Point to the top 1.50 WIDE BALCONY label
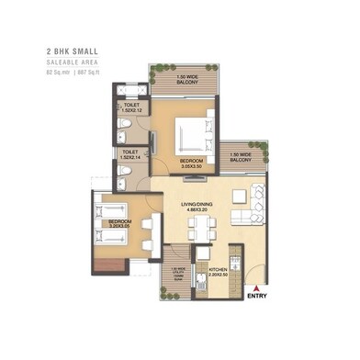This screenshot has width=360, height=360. (187, 78)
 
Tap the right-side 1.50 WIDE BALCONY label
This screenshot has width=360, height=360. (242, 157)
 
